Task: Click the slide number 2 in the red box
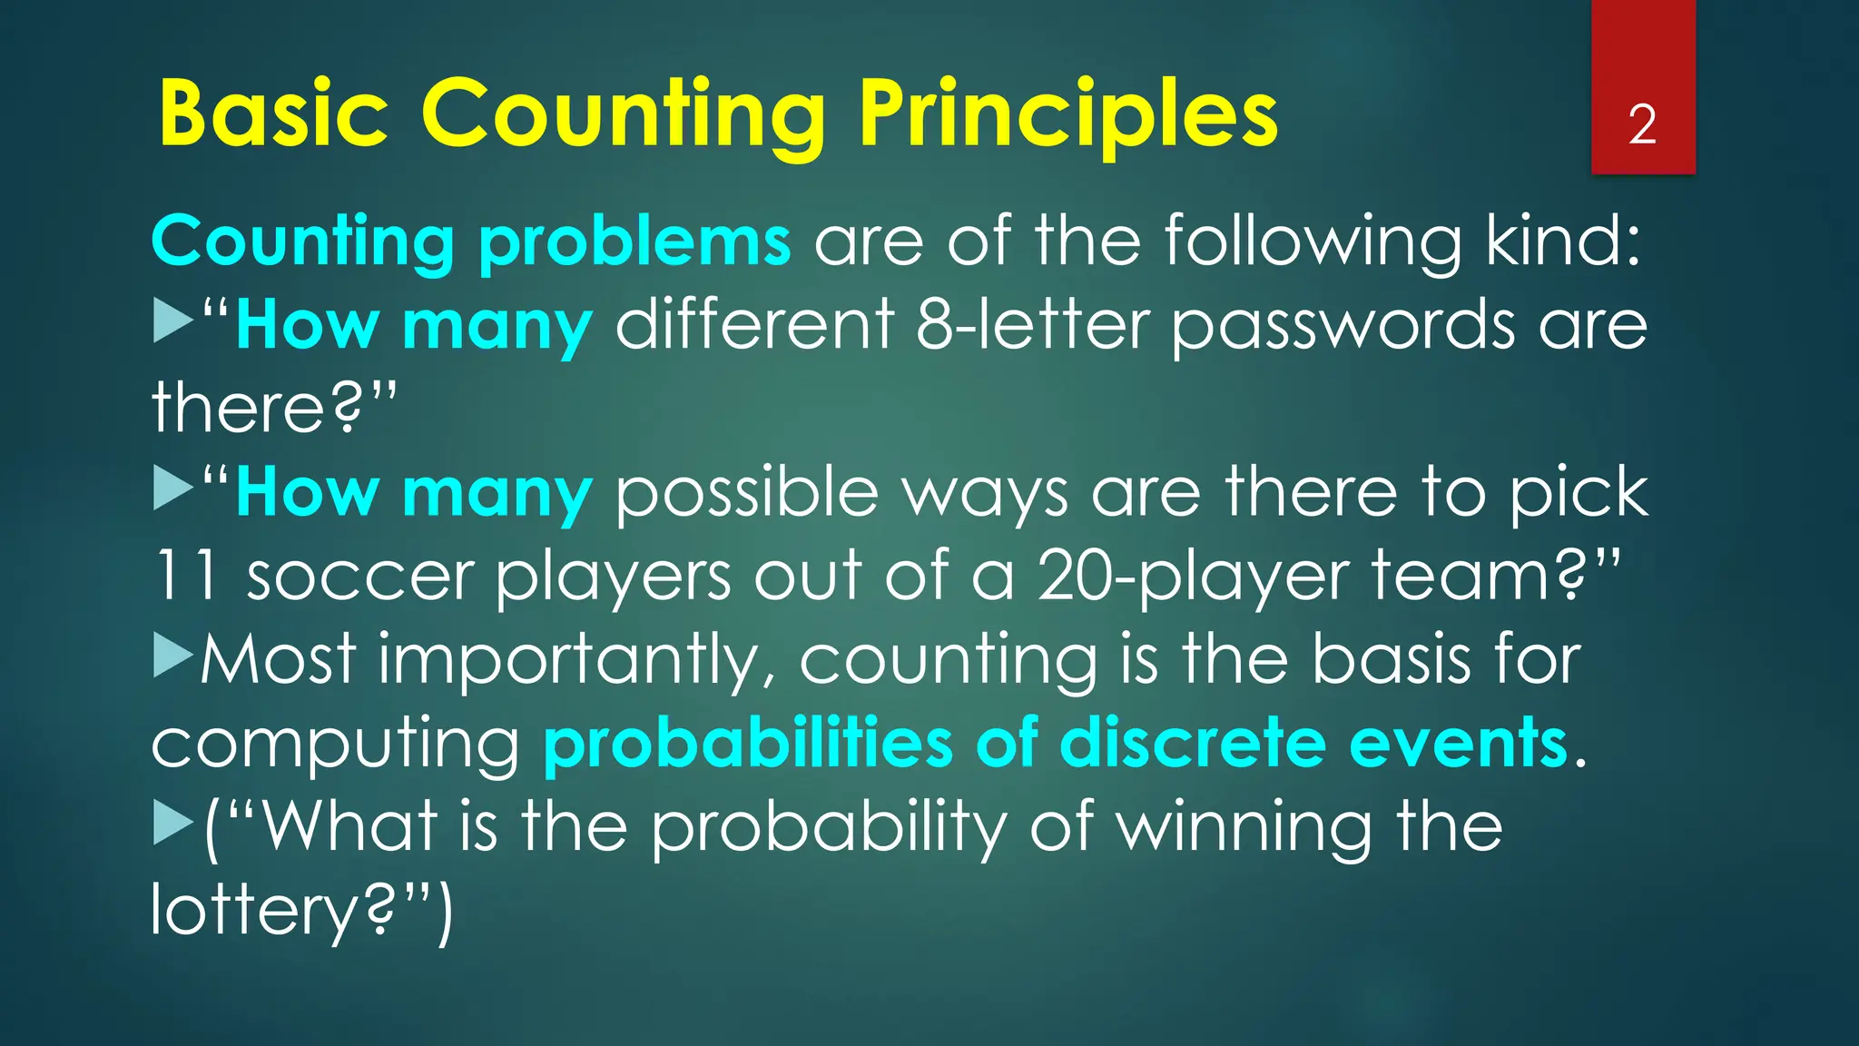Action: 1642,124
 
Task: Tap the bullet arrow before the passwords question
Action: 172,323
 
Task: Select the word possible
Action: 747,494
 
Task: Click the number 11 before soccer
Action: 185,576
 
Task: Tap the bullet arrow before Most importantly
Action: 172,657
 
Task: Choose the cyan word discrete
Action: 1191,743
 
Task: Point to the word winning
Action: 1243,828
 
